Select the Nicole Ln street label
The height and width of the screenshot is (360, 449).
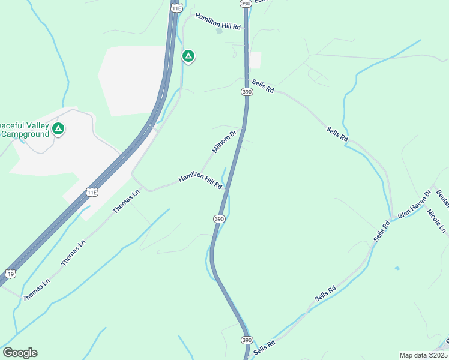(x=436, y=221)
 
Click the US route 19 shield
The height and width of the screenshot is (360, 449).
(x=10, y=274)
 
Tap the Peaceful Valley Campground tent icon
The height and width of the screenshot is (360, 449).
(x=58, y=129)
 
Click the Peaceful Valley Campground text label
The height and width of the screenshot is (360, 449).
(x=24, y=129)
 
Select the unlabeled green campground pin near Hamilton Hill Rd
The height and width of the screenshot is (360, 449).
(x=188, y=57)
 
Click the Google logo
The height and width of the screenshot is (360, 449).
(x=20, y=353)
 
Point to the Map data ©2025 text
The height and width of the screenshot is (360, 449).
(x=423, y=355)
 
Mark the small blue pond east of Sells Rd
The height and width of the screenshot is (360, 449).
(x=396, y=268)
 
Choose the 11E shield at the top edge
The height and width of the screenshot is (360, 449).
(x=175, y=8)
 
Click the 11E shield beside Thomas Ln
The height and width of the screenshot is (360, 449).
(x=91, y=192)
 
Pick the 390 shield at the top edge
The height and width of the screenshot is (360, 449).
(x=246, y=4)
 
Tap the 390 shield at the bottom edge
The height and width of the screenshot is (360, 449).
(x=247, y=340)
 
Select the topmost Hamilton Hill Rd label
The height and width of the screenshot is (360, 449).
(x=218, y=26)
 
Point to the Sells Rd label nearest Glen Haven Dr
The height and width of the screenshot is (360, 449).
(x=382, y=231)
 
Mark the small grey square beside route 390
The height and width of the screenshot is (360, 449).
(x=255, y=60)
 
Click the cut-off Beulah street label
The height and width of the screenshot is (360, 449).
(x=442, y=197)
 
